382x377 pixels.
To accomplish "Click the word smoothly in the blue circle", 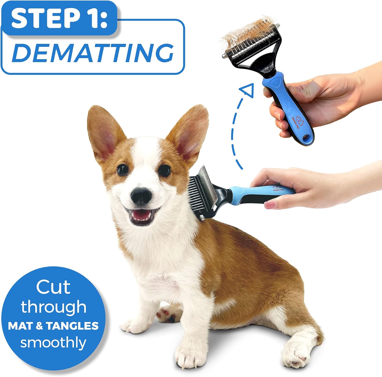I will coord(53,342).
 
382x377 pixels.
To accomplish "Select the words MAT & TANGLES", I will coord(53,326).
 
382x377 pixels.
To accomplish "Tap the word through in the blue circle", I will coord(53,307).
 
